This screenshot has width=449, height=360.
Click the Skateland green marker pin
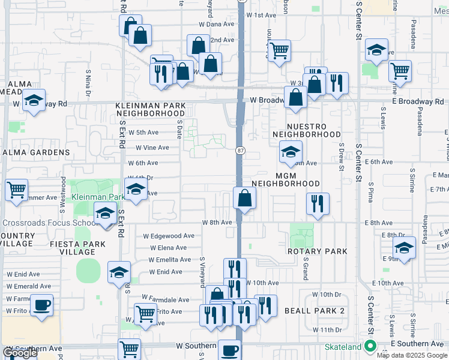tap(370, 346)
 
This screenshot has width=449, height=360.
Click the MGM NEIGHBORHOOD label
tap(285, 178)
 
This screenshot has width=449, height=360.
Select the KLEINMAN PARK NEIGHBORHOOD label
tap(151, 109)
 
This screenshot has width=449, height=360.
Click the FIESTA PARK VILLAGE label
tap(78, 248)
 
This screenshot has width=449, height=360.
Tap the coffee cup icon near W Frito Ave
tap(41, 305)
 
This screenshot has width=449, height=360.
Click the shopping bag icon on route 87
tap(245, 199)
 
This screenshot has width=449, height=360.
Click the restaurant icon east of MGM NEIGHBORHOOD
tap(318, 203)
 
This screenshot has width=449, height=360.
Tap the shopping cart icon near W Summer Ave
tap(17, 190)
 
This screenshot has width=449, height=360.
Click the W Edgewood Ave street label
tap(168, 236)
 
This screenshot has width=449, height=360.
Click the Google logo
tap(20, 353)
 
